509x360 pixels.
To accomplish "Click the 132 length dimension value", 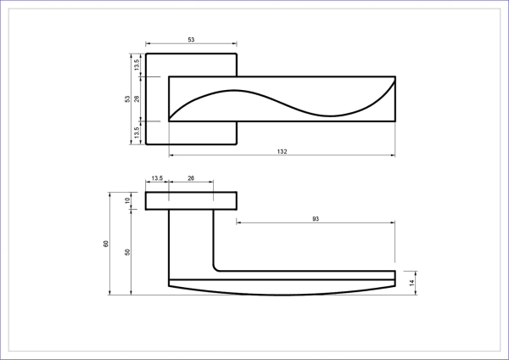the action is [x=282, y=151].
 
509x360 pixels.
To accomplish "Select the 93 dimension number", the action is [x=316, y=219].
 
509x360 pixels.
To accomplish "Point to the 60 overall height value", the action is [x=106, y=244].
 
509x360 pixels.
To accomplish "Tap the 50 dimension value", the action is [x=127, y=252].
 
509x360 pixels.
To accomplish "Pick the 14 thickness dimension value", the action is [x=411, y=283].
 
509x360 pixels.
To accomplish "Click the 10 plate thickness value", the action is [x=127, y=200].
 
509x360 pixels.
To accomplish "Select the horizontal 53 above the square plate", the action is [x=191, y=40].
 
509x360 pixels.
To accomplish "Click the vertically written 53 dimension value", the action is [x=127, y=98].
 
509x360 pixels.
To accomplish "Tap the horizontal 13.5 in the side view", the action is [x=157, y=178].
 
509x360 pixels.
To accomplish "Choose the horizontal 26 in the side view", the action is [x=191, y=178].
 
